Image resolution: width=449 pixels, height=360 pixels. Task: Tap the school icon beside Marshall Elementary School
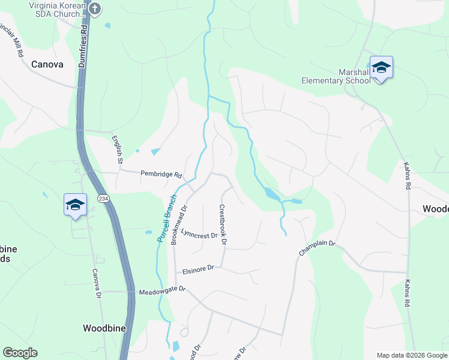tap(381, 67)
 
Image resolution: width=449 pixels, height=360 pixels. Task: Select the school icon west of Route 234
tap(76, 205)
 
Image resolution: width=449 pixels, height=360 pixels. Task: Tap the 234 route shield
tap(103, 199)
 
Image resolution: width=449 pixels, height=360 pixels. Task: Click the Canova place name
tap(47, 64)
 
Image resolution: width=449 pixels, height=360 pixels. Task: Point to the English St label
tap(117, 149)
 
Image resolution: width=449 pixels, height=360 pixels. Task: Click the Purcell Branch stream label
tap(167, 218)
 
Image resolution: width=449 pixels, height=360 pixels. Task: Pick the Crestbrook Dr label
tap(222, 225)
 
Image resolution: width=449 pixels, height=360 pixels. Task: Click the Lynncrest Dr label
tap(199, 234)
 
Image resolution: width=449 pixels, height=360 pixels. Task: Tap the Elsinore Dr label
tap(198, 269)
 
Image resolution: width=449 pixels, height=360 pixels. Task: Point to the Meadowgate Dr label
tap(163, 291)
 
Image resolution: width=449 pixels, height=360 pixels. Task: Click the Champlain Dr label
tap(317, 248)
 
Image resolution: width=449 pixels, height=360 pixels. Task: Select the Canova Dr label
tap(96, 284)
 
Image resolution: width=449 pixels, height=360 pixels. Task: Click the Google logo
tap(20, 353)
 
